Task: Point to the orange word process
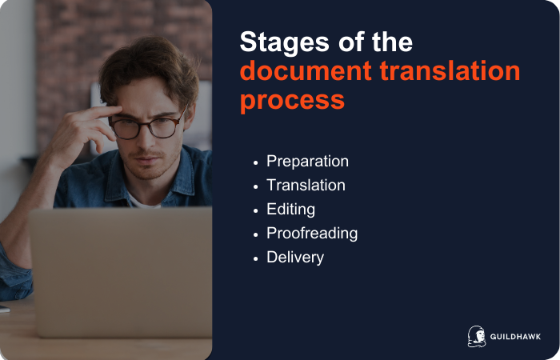point(292,100)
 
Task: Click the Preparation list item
point(307,161)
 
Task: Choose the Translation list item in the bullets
point(306,185)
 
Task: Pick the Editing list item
point(290,209)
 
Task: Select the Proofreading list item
point(312,234)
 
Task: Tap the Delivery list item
point(295,258)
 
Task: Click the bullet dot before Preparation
point(255,162)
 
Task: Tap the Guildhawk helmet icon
point(476,336)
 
